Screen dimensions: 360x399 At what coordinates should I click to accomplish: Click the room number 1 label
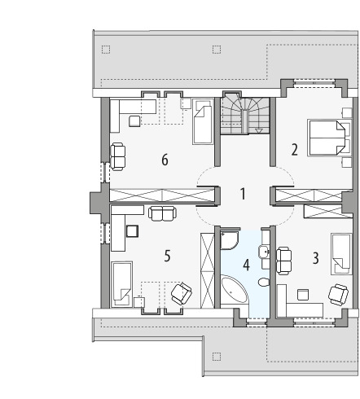[243, 194]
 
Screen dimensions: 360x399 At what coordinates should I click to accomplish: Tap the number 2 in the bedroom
[294, 150]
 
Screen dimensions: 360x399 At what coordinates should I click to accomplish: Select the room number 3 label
[315, 258]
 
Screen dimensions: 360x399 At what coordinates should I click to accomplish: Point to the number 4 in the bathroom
[246, 265]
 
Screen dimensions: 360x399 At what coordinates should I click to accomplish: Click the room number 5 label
[167, 256]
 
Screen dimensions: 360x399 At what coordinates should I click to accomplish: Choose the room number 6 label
[165, 160]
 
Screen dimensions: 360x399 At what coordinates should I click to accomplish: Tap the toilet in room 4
[263, 282]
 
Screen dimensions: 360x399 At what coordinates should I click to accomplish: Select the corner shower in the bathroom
[230, 240]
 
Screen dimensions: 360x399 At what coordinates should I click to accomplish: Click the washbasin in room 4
[263, 252]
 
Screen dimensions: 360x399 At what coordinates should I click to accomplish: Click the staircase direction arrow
[259, 130]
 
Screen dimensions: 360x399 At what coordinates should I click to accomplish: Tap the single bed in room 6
[203, 121]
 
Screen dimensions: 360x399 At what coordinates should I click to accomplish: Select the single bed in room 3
[341, 253]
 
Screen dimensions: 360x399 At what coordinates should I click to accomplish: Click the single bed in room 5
[121, 284]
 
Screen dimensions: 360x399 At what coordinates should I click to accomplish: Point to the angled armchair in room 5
[182, 293]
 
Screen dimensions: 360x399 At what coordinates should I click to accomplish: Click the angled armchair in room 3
[338, 295]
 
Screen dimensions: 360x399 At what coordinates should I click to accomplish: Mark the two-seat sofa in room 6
[118, 157]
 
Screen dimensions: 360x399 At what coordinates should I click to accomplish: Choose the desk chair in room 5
[132, 230]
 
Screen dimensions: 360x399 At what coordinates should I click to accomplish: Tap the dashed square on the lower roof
[217, 357]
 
